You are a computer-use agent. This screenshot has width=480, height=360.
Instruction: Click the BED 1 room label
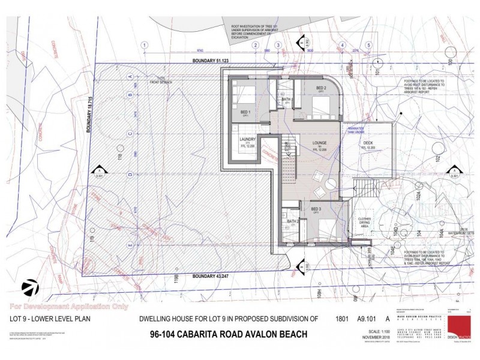click(x=245, y=112)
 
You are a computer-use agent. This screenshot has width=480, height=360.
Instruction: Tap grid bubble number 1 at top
click(x=145, y=45)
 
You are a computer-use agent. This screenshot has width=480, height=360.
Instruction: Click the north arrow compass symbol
click(x=28, y=287)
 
